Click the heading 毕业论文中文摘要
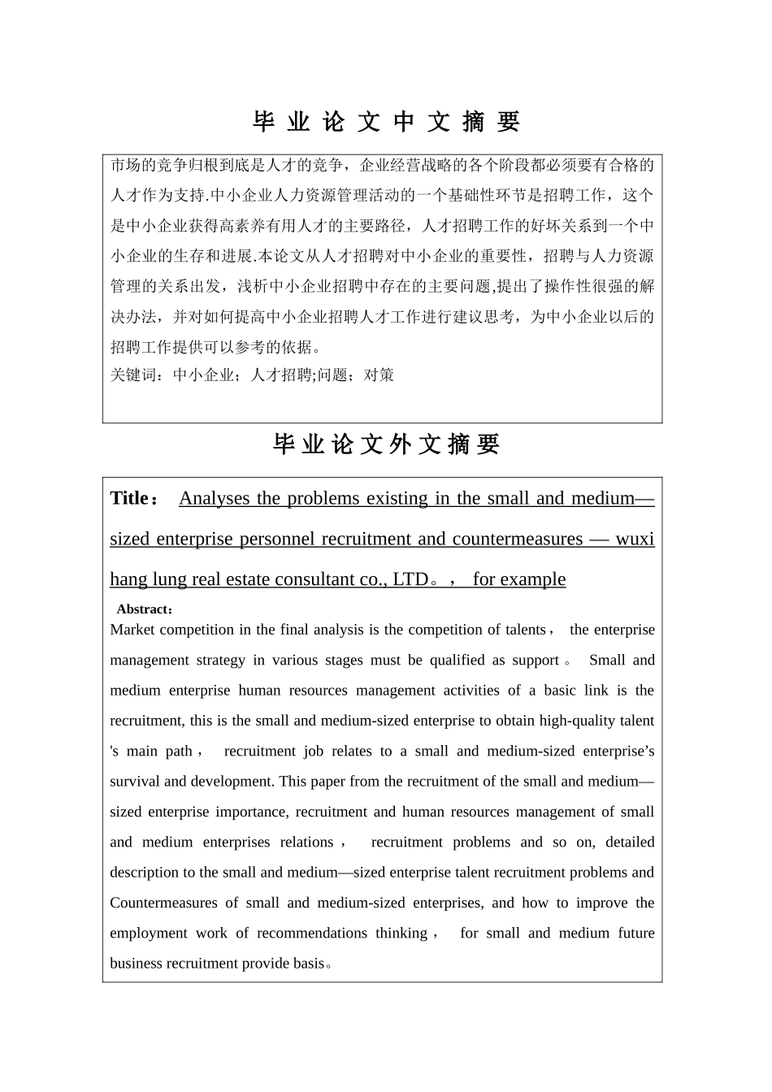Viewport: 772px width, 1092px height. (x=386, y=122)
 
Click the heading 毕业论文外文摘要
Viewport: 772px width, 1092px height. (x=386, y=444)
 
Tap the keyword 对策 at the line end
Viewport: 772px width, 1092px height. (x=379, y=375)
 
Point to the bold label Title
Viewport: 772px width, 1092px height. (x=129, y=498)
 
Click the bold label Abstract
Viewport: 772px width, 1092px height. (x=142, y=609)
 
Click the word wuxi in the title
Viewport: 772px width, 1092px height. (x=635, y=539)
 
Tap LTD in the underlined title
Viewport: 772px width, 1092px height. (x=410, y=579)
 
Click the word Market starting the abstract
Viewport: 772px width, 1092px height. (x=132, y=630)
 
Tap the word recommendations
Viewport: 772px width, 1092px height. (x=312, y=933)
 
